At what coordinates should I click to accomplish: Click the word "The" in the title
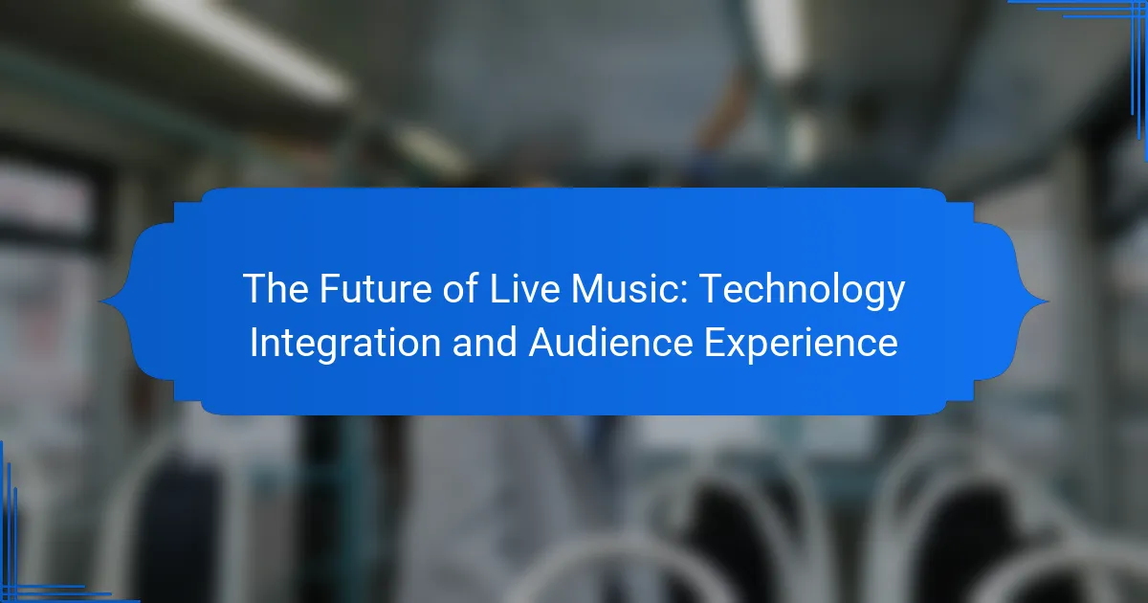tap(276, 289)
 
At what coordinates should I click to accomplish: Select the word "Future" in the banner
tap(376, 289)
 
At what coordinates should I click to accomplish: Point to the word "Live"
tap(525, 289)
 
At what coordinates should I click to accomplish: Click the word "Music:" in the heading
tap(629, 289)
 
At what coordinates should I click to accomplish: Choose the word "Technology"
tap(802, 291)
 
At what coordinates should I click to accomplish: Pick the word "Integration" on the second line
tap(345, 344)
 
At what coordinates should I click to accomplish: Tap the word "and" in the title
tap(485, 343)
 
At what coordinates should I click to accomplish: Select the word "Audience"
tap(611, 343)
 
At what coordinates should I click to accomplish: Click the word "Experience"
tap(801, 344)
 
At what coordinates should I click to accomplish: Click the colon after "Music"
tap(684, 292)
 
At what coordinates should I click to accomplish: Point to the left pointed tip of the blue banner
tap(99, 301)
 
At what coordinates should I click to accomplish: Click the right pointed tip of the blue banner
tap(1049, 301)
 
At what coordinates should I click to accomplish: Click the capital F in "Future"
tap(330, 289)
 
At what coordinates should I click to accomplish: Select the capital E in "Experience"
tap(715, 342)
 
